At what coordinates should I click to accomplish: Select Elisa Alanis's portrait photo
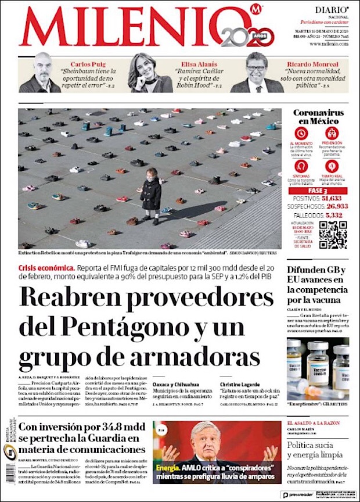coord(145,73)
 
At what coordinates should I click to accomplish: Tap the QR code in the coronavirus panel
coord(333,235)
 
